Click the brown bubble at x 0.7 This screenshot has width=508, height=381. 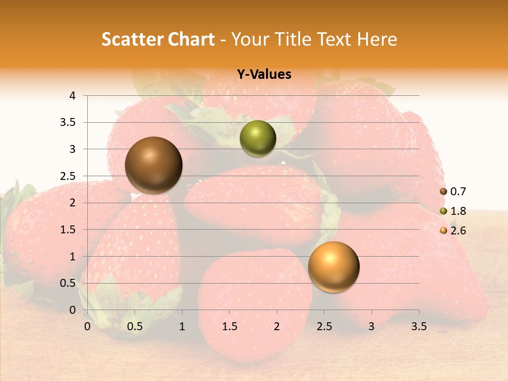coord(153,165)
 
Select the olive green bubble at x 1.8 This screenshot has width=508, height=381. coord(258,139)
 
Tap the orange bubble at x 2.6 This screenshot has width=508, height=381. coord(333,267)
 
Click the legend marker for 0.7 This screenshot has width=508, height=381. coord(443,192)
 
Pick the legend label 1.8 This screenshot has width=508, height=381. coord(458,211)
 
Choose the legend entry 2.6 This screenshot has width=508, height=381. coord(458,231)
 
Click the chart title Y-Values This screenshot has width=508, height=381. coord(264,75)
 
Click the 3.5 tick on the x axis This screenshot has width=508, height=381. coord(419,326)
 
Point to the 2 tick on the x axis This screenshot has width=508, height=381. coord(277,326)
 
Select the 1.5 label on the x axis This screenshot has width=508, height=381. coord(230,326)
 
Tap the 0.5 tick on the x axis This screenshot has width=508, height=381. coord(135,326)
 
